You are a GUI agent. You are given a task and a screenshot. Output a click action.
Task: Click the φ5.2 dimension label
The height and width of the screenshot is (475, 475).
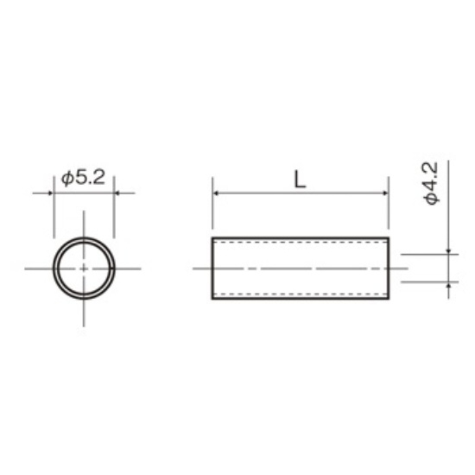83,178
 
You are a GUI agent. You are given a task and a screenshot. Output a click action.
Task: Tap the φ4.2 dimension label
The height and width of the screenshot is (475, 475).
431,184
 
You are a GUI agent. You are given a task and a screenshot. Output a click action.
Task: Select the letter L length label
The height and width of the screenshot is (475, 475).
301,180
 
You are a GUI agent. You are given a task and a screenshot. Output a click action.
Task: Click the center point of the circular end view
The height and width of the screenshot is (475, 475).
84,269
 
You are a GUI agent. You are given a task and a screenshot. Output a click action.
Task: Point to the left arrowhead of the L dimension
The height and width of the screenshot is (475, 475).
216,193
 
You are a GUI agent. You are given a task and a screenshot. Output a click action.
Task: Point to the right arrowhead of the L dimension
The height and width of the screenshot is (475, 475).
385,193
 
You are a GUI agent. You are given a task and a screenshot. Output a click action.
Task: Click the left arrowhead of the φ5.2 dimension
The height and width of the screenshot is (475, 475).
51,193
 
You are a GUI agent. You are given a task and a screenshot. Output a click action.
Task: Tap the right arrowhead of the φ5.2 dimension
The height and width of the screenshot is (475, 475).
117,193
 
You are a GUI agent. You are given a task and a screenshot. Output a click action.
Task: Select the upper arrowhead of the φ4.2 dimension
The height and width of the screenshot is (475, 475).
448,251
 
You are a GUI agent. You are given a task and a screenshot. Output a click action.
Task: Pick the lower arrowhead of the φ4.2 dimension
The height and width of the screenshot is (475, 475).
448,285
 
